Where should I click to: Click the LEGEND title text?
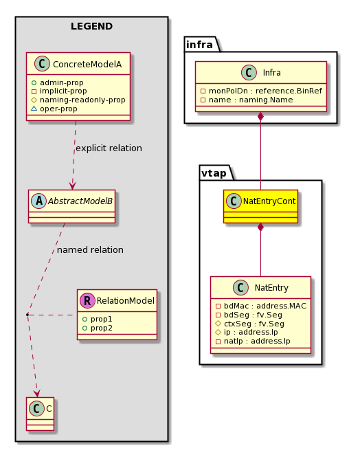point(91,26)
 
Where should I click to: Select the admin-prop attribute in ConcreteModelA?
point(57,82)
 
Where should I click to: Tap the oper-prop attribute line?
point(54,109)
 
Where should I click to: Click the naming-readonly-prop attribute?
point(78,100)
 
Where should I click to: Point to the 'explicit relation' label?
point(109,148)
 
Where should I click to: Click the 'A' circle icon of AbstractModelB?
point(39,201)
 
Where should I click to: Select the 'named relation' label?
point(90,249)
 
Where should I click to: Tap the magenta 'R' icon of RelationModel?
point(87,301)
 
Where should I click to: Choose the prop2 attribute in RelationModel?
point(98,328)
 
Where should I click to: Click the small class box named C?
point(40,414)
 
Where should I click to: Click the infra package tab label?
point(199,45)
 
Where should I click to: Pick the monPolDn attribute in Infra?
point(261,91)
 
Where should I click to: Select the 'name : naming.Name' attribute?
point(247,100)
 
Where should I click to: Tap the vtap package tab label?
point(214,173)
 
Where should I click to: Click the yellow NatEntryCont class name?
point(269,201)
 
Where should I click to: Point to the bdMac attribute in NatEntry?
point(261,306)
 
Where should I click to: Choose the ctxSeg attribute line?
point(249,324)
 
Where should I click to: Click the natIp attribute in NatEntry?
point(253,341)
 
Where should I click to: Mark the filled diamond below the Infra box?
point(260,116)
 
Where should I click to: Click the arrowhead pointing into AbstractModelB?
point(72,186)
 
